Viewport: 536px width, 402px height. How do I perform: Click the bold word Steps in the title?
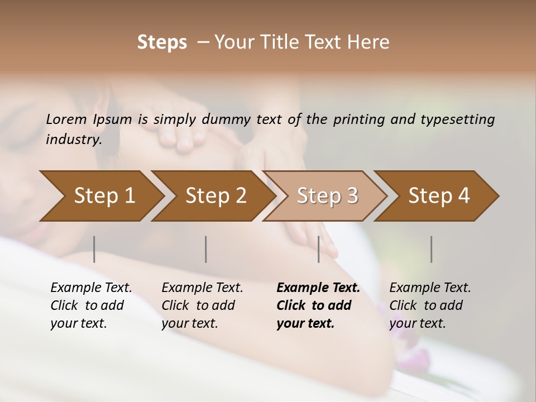162,42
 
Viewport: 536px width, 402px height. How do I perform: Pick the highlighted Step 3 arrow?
327,196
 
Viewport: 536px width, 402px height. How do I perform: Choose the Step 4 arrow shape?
439,196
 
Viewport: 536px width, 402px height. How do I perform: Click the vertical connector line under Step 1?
94,249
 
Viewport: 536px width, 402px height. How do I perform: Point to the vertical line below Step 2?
206,249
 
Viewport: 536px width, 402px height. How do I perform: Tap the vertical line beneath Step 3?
319,249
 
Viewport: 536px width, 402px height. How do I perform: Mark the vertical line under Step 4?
431,249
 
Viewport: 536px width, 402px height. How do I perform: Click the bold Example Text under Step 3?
318,288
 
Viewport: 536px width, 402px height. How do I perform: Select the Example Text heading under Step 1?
91,288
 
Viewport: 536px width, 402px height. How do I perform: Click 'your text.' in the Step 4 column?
417,324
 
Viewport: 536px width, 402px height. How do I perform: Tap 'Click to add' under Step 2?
198,306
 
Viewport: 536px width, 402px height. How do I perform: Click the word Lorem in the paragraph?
66,119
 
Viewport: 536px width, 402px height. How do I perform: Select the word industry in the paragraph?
74,139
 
